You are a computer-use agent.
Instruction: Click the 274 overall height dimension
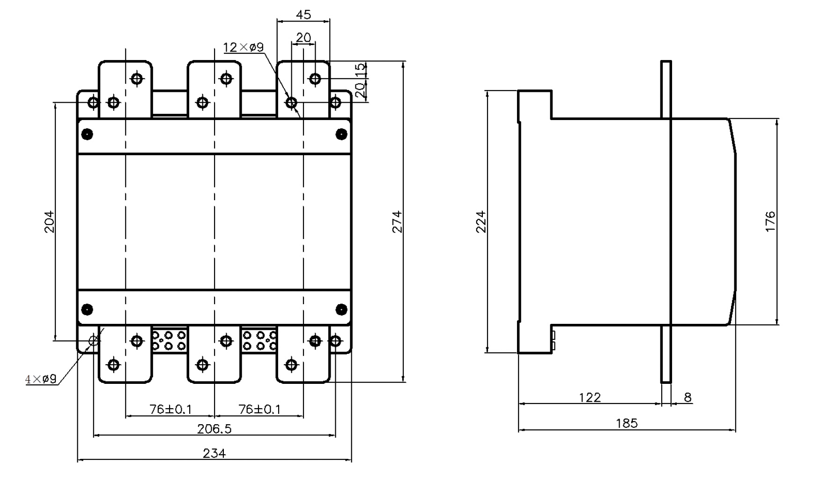pos(397,222)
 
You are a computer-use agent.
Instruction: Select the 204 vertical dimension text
pos(49,222)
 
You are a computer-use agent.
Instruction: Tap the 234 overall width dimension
pos(214,453)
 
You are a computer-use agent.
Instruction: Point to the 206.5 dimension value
pos(214,428)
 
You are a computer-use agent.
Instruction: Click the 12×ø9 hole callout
pos(243,47)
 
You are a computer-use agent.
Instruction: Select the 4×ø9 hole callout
pos(41,379)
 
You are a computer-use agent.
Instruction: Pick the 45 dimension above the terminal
pos(303,15)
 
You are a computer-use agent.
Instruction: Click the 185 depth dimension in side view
pos(627,423)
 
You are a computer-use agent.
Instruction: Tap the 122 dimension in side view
pos(590,397)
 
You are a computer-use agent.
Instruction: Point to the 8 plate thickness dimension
pos(687,397)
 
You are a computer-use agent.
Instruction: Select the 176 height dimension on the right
pos(770,222)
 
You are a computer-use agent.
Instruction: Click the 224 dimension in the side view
pos(481,222)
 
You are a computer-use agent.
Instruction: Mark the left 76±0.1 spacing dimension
pos(170,409)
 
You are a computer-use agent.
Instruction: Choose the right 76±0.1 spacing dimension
pos(259,409)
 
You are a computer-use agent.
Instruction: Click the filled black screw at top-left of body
pos(87,135)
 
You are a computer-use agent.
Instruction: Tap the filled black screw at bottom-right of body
pos(341,309)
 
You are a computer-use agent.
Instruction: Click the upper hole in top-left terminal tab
pos(137,78)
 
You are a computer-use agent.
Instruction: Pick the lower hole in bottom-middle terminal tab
pos(203,364)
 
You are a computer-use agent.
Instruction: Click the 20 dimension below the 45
pos(303,37)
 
